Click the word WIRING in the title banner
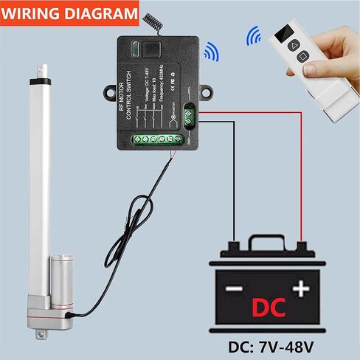click(x=34, y=13)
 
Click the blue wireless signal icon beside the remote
click(x=256, y=35)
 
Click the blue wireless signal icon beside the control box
click(x=212, y=51)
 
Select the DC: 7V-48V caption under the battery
click(x=277, y=345)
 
